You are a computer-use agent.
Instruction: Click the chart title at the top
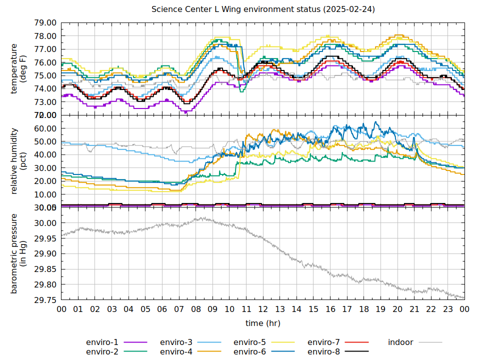[x=263, y=9]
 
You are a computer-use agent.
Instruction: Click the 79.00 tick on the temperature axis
[x=45, y=23]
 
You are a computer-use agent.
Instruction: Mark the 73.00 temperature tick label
[x=45, y=102]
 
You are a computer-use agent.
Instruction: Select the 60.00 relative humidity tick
[x=45, y=128]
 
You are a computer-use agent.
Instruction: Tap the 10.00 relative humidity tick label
[x=45, y=194]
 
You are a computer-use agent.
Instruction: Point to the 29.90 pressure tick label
[x=45, y=254]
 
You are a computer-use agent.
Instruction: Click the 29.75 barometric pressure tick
[x=45, y=300]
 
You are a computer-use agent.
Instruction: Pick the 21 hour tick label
[x=414, y=309]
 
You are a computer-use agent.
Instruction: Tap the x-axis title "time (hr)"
[x=263, y=323]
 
